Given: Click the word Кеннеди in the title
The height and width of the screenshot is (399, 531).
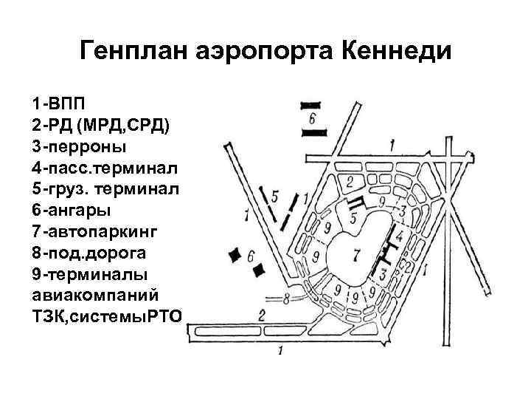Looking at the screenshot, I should [396, 51].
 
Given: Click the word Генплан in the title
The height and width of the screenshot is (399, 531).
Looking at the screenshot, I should [136, 51].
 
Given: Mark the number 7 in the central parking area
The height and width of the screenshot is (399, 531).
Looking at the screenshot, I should [357, 256].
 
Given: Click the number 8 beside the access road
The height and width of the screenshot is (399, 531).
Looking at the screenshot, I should [286, 299].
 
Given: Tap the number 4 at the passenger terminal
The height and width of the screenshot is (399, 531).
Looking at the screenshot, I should [399, 237].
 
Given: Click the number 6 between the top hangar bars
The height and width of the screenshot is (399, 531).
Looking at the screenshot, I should [313, 118].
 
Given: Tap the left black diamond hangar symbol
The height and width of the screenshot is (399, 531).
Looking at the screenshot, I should [236, 255].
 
